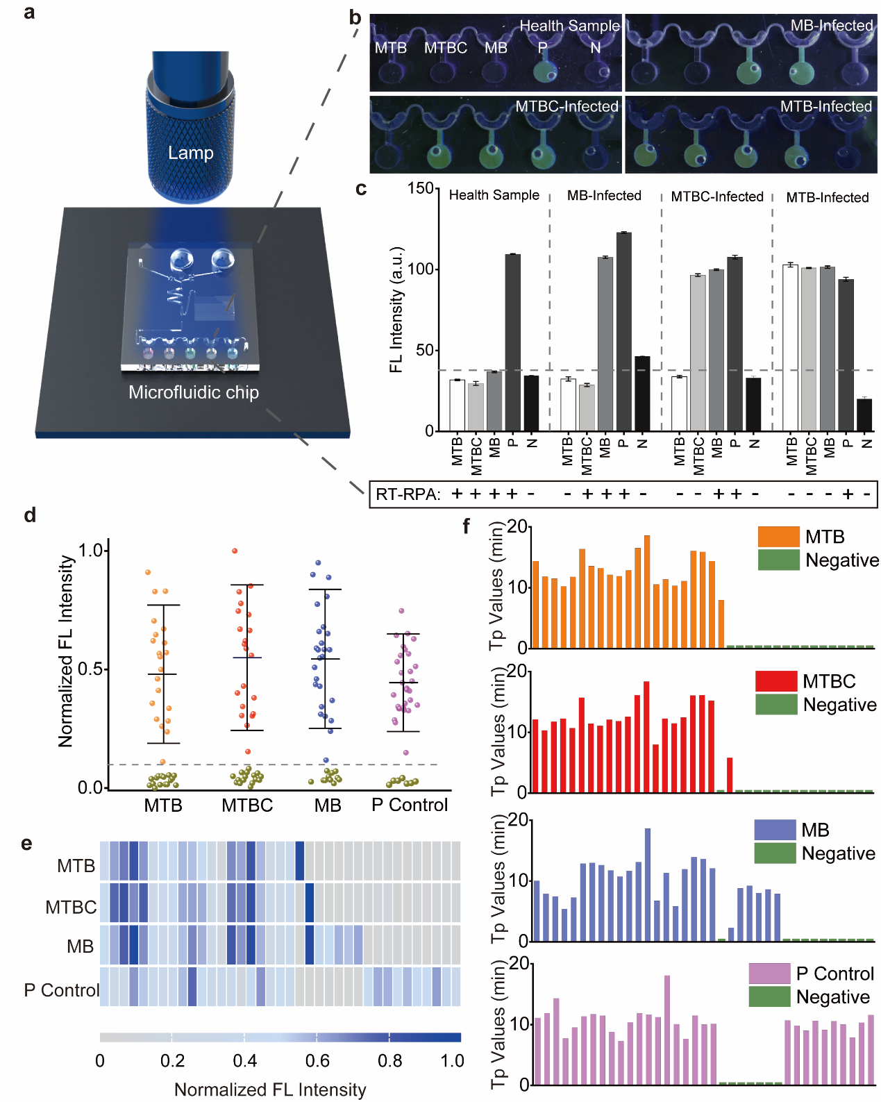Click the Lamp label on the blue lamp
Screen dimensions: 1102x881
tap(190, 153)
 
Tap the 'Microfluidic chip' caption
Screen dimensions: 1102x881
tap(194, 392)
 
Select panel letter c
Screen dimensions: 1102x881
tap(361, 189)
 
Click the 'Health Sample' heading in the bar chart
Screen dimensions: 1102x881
tap(494, 195)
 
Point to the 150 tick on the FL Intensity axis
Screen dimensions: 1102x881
tap(421, 189)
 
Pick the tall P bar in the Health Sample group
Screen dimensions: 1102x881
tap(512, 342)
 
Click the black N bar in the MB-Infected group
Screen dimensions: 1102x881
tap(642, 393)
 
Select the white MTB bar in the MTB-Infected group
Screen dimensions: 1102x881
tap(790, 347)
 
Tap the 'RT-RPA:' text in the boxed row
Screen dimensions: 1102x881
tap(408, 494)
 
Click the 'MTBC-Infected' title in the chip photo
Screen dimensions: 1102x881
tap(567, 106)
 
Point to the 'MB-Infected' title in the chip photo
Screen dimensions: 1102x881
tap(832, 26)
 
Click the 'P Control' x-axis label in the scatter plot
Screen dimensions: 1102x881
tap(410, 805)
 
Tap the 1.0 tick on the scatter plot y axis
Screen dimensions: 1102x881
tap(91, 551)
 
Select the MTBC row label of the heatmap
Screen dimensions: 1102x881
tap(71, 908)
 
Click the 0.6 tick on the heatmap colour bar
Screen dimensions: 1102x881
tap(318, 1061)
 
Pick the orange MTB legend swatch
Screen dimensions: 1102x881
tap(778, 537)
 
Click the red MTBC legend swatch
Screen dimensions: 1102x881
tap(776, 681)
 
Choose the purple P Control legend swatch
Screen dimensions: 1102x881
tap(769, 974)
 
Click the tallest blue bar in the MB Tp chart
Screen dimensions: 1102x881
tap(648, 884)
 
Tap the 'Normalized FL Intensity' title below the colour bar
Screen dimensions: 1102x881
tap(270, 1090)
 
